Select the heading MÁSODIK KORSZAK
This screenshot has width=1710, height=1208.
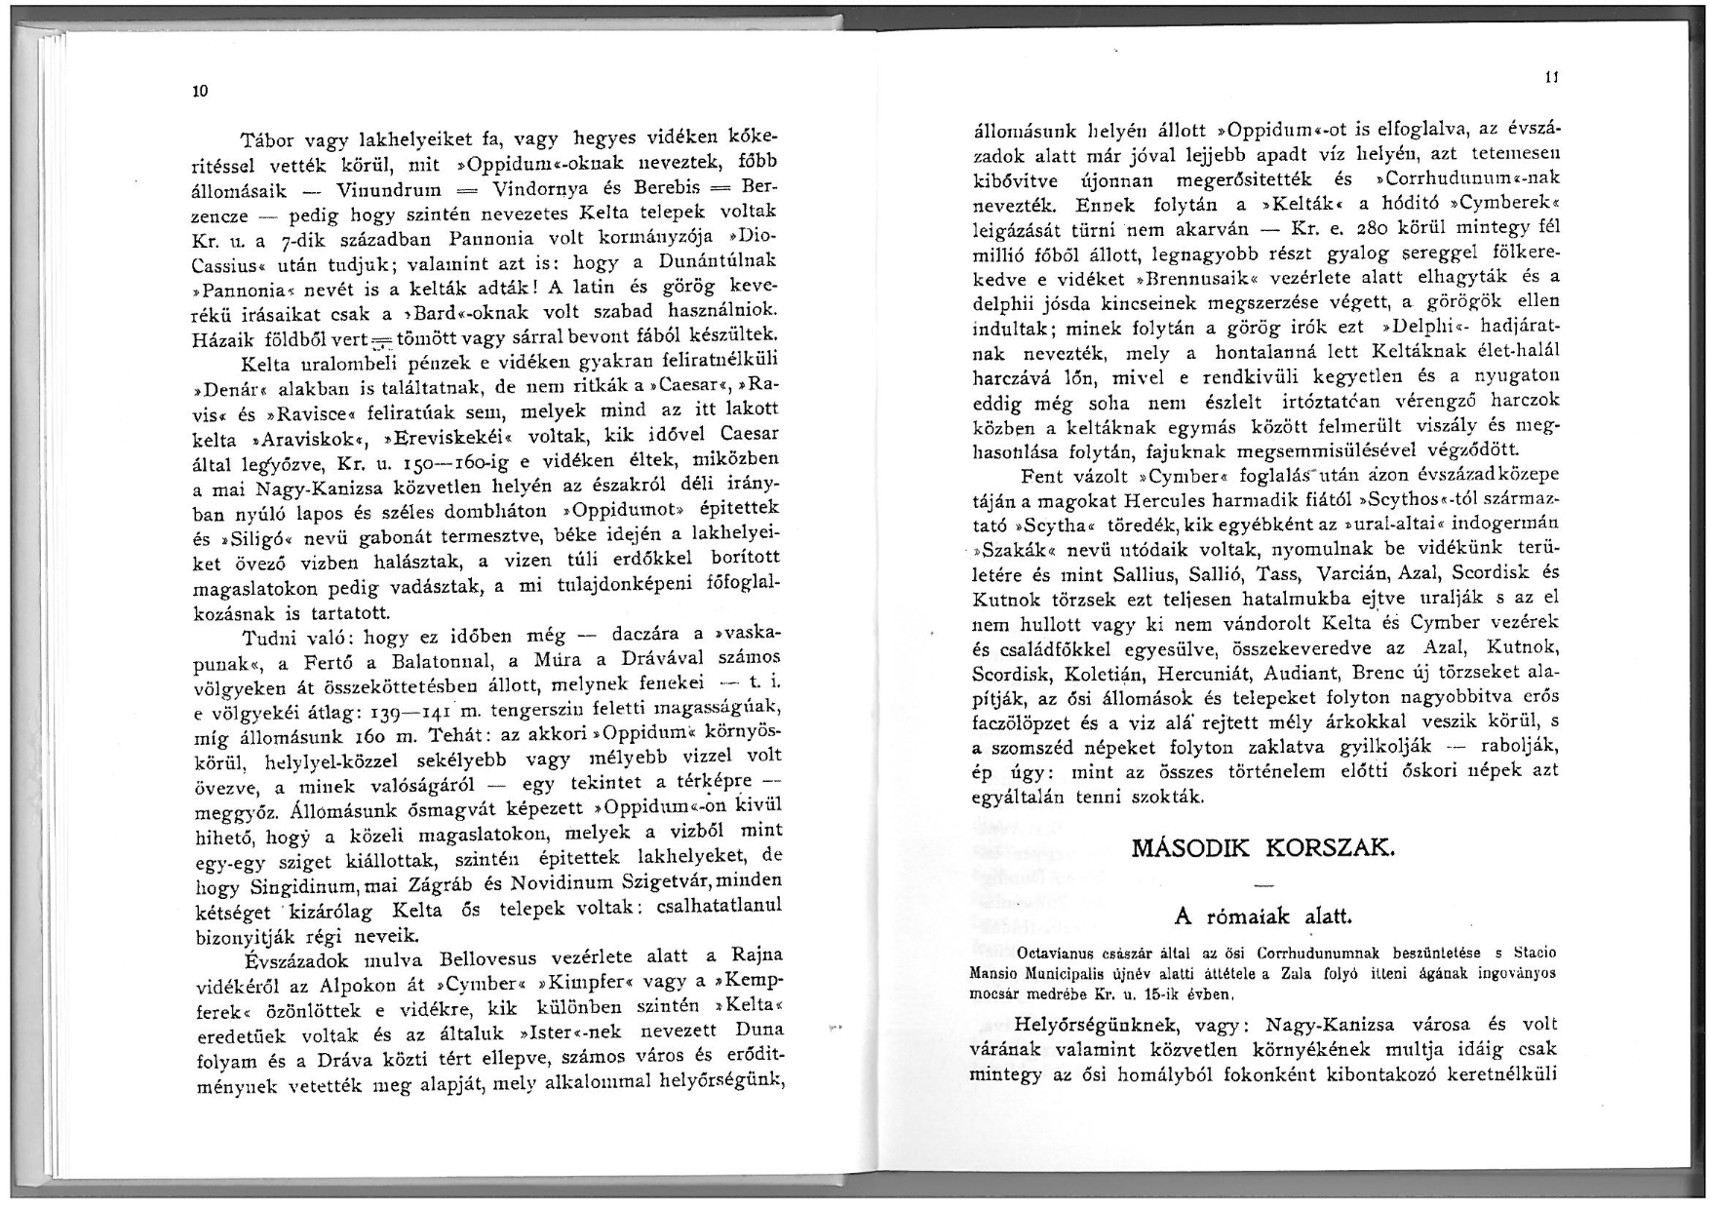point(1263,846)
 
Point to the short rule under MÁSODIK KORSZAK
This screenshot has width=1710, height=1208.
point(1263,885)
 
